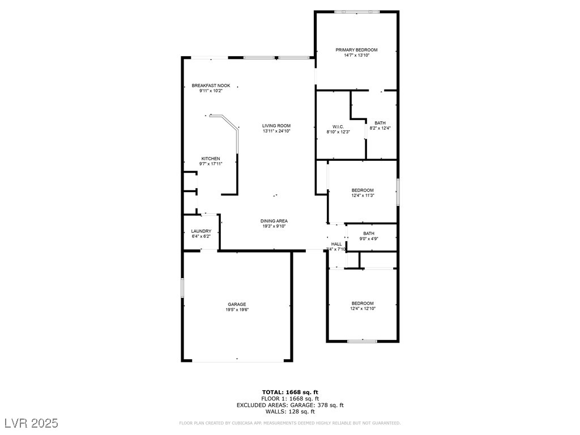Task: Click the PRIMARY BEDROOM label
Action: pos(356,50)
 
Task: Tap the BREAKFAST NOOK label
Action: pos(211,86)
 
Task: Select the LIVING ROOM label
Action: pos(276,126)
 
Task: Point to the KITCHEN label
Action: pos(211,159)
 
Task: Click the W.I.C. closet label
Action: pos(338,126)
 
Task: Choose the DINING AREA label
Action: pos(274,221)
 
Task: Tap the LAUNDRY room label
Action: pos(201,231)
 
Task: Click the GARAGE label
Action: pos(237,304)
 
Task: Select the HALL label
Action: pos(336,244)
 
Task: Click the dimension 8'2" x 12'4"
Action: pos(380,128)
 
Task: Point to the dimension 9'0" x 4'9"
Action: pos(369,238)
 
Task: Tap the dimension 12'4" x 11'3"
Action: pos(362,195)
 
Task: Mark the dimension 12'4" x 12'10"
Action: pos(362,309)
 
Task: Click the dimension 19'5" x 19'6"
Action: pos(237,309)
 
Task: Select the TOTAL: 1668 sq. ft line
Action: pos(290,392)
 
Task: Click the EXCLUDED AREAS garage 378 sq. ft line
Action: pos(290,405)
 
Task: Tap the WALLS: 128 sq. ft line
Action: pos(290,412)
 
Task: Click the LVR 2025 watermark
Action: pos(31,423)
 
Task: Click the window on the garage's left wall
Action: pos(182,287)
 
